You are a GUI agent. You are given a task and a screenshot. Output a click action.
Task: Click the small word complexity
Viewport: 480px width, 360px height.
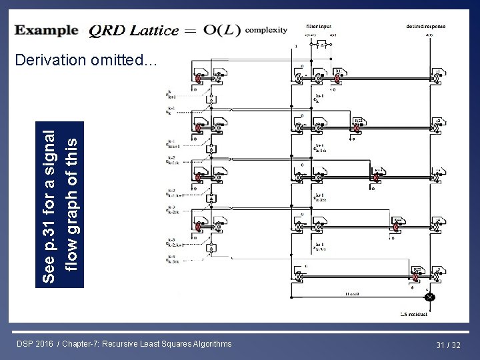click(266, 30)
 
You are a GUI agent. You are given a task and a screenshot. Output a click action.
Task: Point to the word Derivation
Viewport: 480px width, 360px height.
click(49, 61)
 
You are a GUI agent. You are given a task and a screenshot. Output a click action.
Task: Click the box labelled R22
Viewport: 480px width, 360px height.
click(358, 121)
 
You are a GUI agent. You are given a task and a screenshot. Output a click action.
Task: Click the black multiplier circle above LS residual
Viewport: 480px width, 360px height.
click(429, 296)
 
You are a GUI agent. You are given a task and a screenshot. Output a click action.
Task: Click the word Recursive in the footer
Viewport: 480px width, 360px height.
click(147, 344)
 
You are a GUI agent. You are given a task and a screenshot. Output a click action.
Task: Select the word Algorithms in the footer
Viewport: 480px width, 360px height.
click(211, 344)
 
